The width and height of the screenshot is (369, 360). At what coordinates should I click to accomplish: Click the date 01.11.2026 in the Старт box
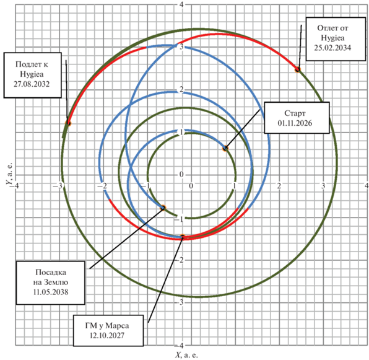[x=295, y=123]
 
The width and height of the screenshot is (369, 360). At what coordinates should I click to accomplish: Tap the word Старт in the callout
[x=295, y=113]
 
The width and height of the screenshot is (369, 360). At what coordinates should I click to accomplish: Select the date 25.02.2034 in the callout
[x=332, y=48]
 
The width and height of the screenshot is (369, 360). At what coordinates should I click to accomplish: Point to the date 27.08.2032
[x=32, y=84]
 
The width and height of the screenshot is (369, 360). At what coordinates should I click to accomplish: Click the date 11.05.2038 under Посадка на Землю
[x=51, y=292]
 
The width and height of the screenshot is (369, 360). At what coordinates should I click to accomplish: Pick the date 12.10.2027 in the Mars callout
[x=107, y=335]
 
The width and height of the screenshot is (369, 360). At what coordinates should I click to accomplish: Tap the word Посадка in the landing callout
[x=51, y=273]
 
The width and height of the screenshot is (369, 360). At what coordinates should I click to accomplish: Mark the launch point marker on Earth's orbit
[x=225, y=148]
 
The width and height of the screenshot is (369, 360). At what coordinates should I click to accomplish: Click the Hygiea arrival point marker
[x=68, y=123]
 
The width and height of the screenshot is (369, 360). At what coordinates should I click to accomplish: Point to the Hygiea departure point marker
[x=298, y=69]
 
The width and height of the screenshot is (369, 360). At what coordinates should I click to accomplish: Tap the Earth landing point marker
[x=163, y=208]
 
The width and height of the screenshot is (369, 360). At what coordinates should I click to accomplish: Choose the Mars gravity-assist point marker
[x=183, y=237]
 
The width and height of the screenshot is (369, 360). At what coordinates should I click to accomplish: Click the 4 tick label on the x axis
[x=367, y=185]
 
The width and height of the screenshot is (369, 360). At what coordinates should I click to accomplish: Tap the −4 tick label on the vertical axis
[x=180, y=346]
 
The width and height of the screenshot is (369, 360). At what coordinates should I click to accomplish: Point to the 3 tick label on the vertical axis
[x=181, y=46]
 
